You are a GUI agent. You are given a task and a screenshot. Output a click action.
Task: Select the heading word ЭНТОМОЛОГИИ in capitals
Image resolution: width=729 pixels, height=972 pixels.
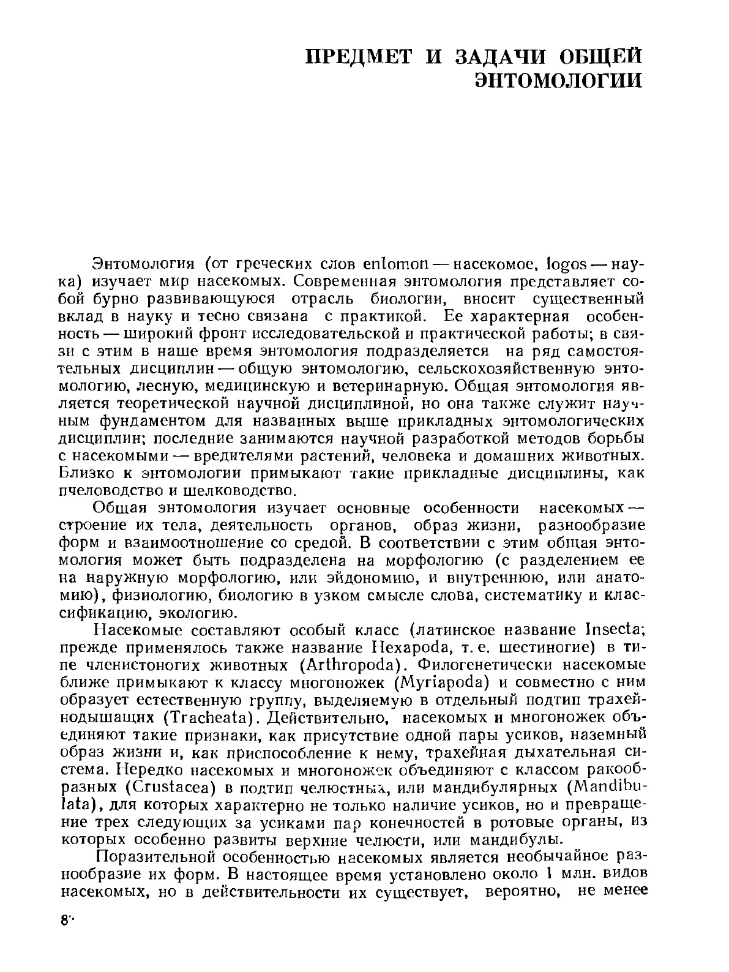pos(559,81)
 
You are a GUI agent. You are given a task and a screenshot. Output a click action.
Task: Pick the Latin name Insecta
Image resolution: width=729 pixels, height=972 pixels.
pos(613,629)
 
